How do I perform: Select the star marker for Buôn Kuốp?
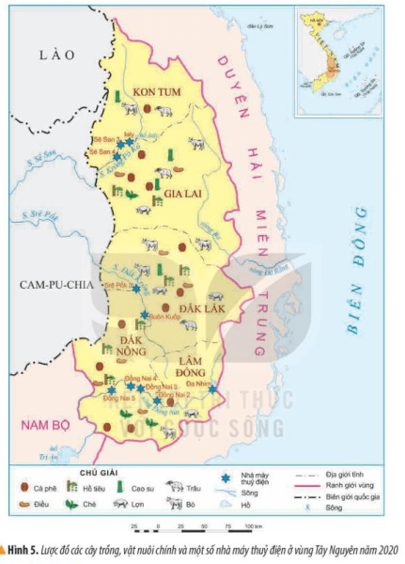click(144, 315)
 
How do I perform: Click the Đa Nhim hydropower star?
click(212, 389)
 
